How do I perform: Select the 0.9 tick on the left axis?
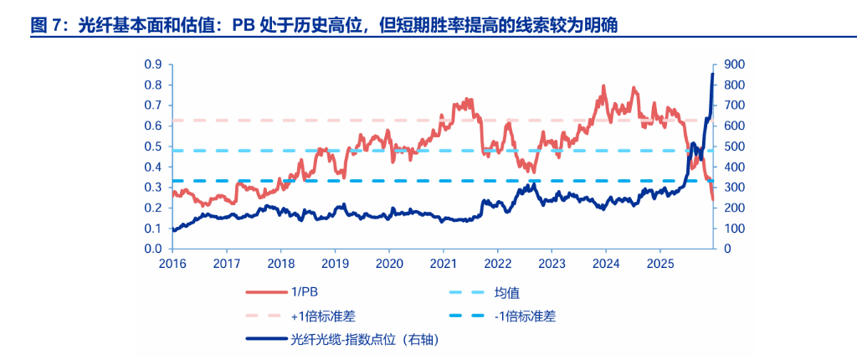[x=152, y=64]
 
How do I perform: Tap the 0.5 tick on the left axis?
[x=152, y=147]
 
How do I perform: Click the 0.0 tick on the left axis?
[x=152, y=249]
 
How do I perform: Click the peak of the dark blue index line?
[x=712, y=75]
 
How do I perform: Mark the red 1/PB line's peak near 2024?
[x=603, y=85]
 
